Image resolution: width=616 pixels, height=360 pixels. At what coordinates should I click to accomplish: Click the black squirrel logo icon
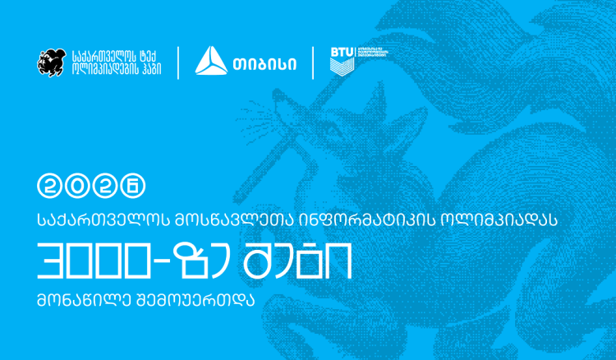[50, 62]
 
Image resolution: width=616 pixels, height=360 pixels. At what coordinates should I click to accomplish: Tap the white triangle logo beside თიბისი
[212, 62]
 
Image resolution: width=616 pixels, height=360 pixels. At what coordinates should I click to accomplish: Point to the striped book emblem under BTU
[342, 67]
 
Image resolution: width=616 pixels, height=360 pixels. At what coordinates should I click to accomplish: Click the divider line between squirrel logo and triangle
[178, 62]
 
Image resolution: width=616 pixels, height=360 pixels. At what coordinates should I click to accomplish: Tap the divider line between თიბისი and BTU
[313, 62]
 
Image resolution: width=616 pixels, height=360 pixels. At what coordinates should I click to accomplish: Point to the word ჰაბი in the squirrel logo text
[148, 70]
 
